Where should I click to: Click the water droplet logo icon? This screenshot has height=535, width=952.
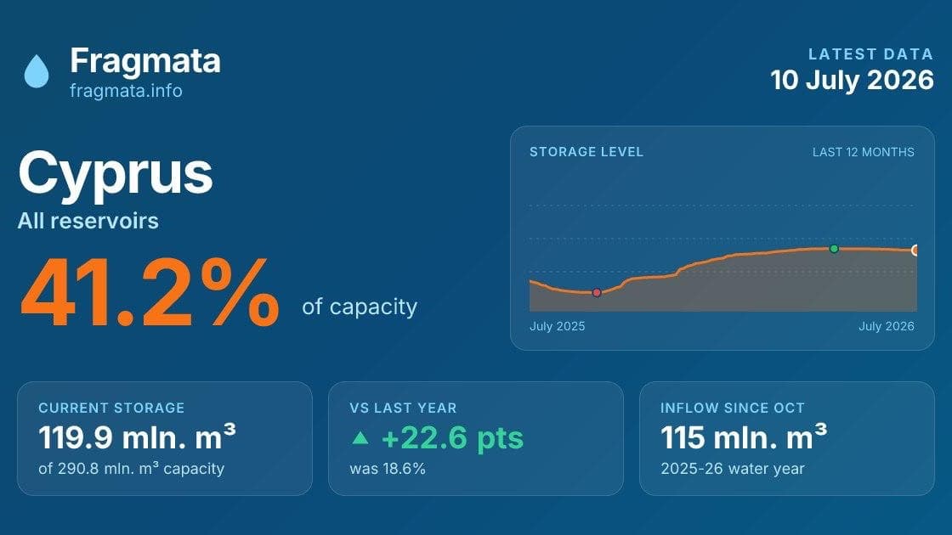click(x=37, y=71)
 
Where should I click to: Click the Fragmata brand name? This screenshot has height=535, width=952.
click(x=145, y=61)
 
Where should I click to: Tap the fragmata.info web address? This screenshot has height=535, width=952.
click(x=126, y=91)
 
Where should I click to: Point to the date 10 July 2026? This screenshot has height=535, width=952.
click(x=852, y=80)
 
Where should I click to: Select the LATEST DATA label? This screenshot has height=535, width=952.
click(x=870, y=54)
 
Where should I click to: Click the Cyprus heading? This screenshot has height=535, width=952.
click(x=116, y=173)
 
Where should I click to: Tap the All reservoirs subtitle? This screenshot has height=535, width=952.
click(x=88, y=221)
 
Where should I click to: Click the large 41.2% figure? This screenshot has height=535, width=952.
click(x=150, y=293)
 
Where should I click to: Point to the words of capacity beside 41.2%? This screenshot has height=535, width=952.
click(x=360, y=307)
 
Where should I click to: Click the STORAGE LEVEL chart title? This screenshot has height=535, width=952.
click(x=586, y=152)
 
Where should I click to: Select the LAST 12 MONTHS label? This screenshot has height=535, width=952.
click(x=864, y=152)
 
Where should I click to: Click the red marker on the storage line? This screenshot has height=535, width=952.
click(x=597, y=293)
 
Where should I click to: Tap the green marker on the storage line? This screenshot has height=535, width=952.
click(x=834, y=249)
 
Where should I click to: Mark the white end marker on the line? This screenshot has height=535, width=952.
click(x=915, y=250)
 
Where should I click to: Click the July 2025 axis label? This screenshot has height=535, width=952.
click(x=558, y=326)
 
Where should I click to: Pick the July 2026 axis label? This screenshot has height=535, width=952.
click(x=887, y=326)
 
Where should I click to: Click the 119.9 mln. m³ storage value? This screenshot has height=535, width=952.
click(x=137, y=436)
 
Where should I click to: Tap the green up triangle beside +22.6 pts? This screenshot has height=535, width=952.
click(x=360, y=437)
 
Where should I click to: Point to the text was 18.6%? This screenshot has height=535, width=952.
click(x=388, y=469)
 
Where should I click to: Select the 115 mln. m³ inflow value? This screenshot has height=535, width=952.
click(x=744, y=436)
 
